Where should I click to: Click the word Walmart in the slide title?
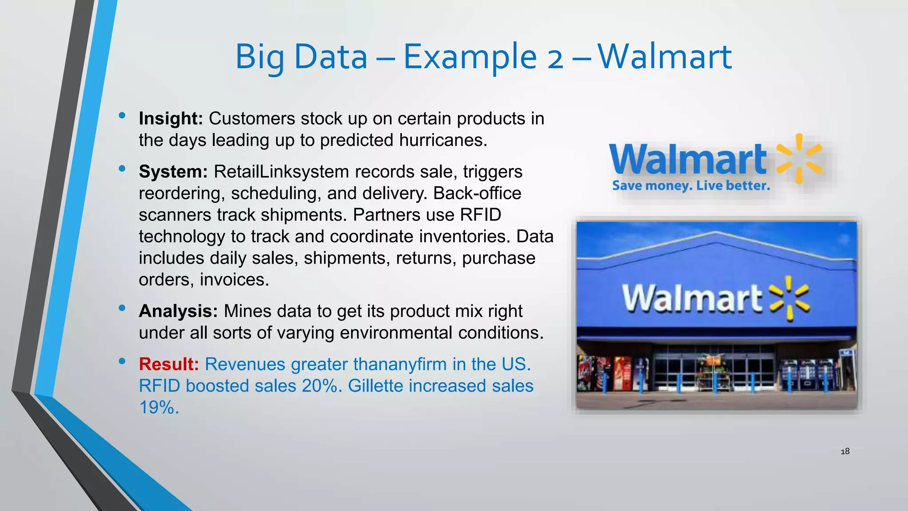(664, 57)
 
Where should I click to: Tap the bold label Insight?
(171, 118)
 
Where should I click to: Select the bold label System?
(173, 172)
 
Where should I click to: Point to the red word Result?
(168, 364)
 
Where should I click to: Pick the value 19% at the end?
(159, 407)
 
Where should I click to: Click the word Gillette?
(375, 386)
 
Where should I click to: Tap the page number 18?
(845, 451)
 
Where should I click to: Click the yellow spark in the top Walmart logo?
(799, 159)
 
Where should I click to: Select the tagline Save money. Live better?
(691, 185)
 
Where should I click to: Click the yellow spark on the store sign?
(789, 298)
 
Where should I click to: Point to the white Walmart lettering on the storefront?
(692, 298)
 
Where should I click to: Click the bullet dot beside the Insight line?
(122, 116)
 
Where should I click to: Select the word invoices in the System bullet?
(234, 280)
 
